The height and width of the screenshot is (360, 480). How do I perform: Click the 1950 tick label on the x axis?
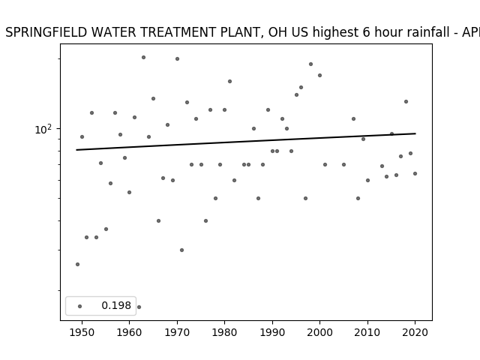[x=82, y=332]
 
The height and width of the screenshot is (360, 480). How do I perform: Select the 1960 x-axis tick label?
[x=129, y=332]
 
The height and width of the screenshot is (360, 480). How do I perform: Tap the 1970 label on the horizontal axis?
[x=177, y=332]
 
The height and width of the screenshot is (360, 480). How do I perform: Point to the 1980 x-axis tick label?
[x=224, y=332]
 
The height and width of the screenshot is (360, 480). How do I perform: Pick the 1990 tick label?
[x=272, y=332]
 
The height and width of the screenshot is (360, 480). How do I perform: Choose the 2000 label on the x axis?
[x=319, y=332]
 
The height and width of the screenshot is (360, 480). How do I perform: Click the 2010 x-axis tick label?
[x=367, y=332]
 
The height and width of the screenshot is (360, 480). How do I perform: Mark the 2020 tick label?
[x=415, y=332]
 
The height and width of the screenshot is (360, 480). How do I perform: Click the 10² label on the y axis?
[x=43, y=130]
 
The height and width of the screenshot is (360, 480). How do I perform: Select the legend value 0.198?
[x=116, y=305]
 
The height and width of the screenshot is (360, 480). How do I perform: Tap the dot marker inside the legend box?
[x=79, y=306]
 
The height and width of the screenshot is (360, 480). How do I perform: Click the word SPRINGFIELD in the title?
[x=46, y=32]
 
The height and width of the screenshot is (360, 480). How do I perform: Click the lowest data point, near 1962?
[x=139, y=307]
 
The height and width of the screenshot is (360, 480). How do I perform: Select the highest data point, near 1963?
[x=143, y=58]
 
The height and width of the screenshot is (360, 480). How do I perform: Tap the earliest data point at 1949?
[x=77, y=265]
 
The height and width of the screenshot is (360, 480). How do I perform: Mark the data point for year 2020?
[x=415, y=173]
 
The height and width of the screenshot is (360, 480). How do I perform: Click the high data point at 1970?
[x=177, y=58]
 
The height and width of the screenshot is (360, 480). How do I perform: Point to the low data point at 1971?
[x=181, y=250]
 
